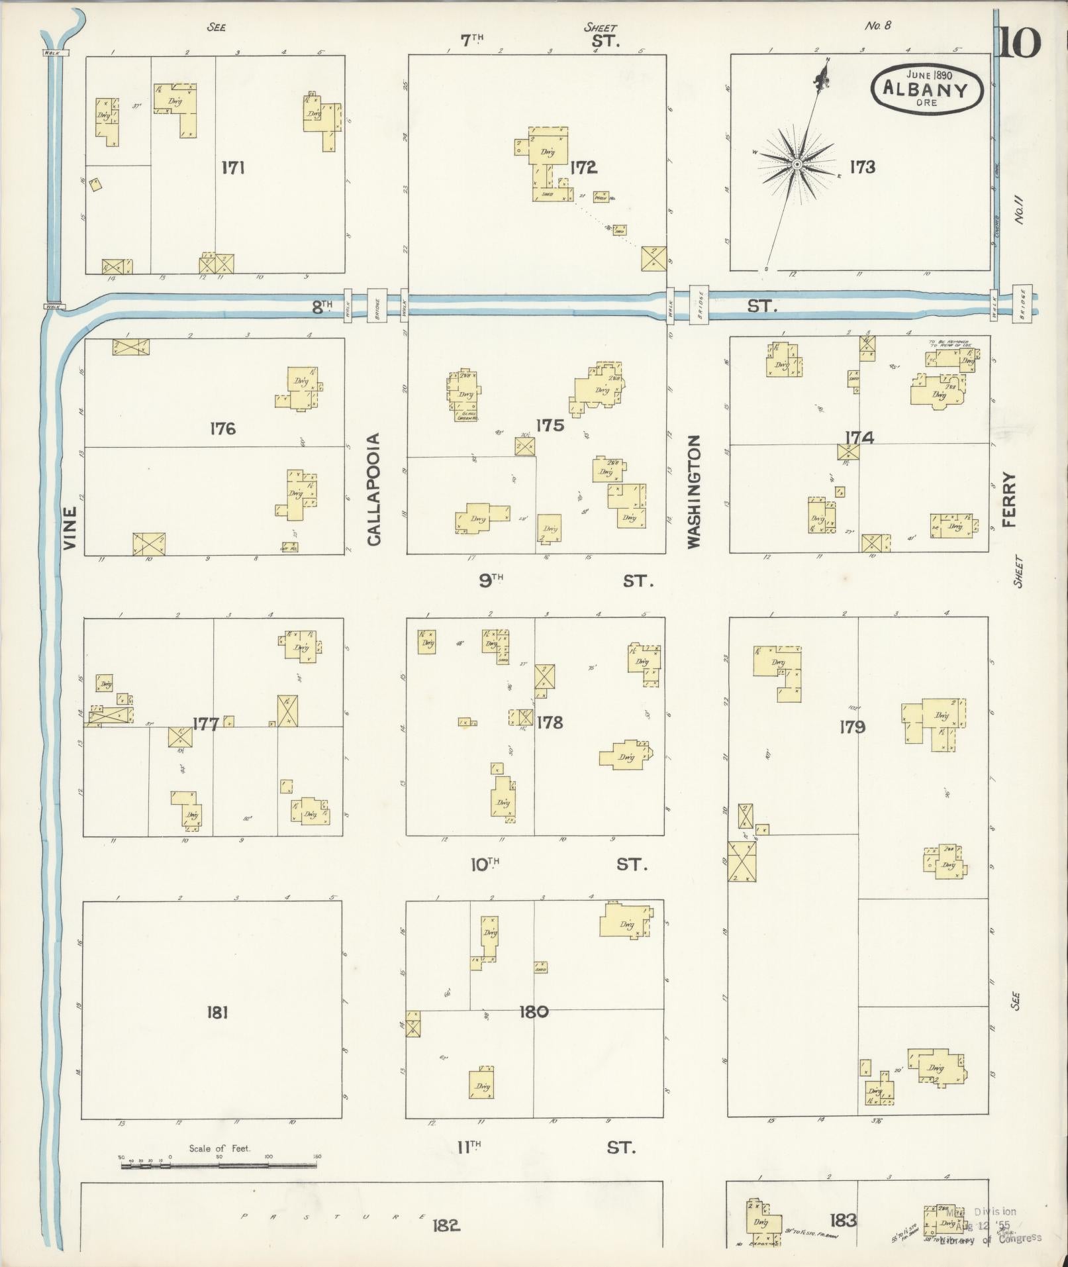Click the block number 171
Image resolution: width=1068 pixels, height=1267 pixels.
pos(233,168)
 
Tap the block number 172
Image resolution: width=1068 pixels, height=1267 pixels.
pos(583,168)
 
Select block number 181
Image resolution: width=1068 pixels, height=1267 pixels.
pos(217,1012)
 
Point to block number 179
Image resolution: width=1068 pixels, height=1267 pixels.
pos(851,727)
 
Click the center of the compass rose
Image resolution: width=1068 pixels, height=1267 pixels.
pos(797,164)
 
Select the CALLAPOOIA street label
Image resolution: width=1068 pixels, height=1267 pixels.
pos(374,489)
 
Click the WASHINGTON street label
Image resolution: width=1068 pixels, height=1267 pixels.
pos(693,491)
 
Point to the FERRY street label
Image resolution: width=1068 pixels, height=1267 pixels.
pos(1008,499)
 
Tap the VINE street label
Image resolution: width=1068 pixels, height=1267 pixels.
pos(70,529)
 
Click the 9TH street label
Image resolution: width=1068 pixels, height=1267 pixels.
pos(491,581)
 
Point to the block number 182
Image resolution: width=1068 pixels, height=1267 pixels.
pos(446,1225)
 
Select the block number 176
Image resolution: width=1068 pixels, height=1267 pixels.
pos(222,429)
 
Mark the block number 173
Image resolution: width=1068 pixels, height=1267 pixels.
pos(862,167)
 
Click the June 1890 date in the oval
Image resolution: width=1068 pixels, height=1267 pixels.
pos(929,76)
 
